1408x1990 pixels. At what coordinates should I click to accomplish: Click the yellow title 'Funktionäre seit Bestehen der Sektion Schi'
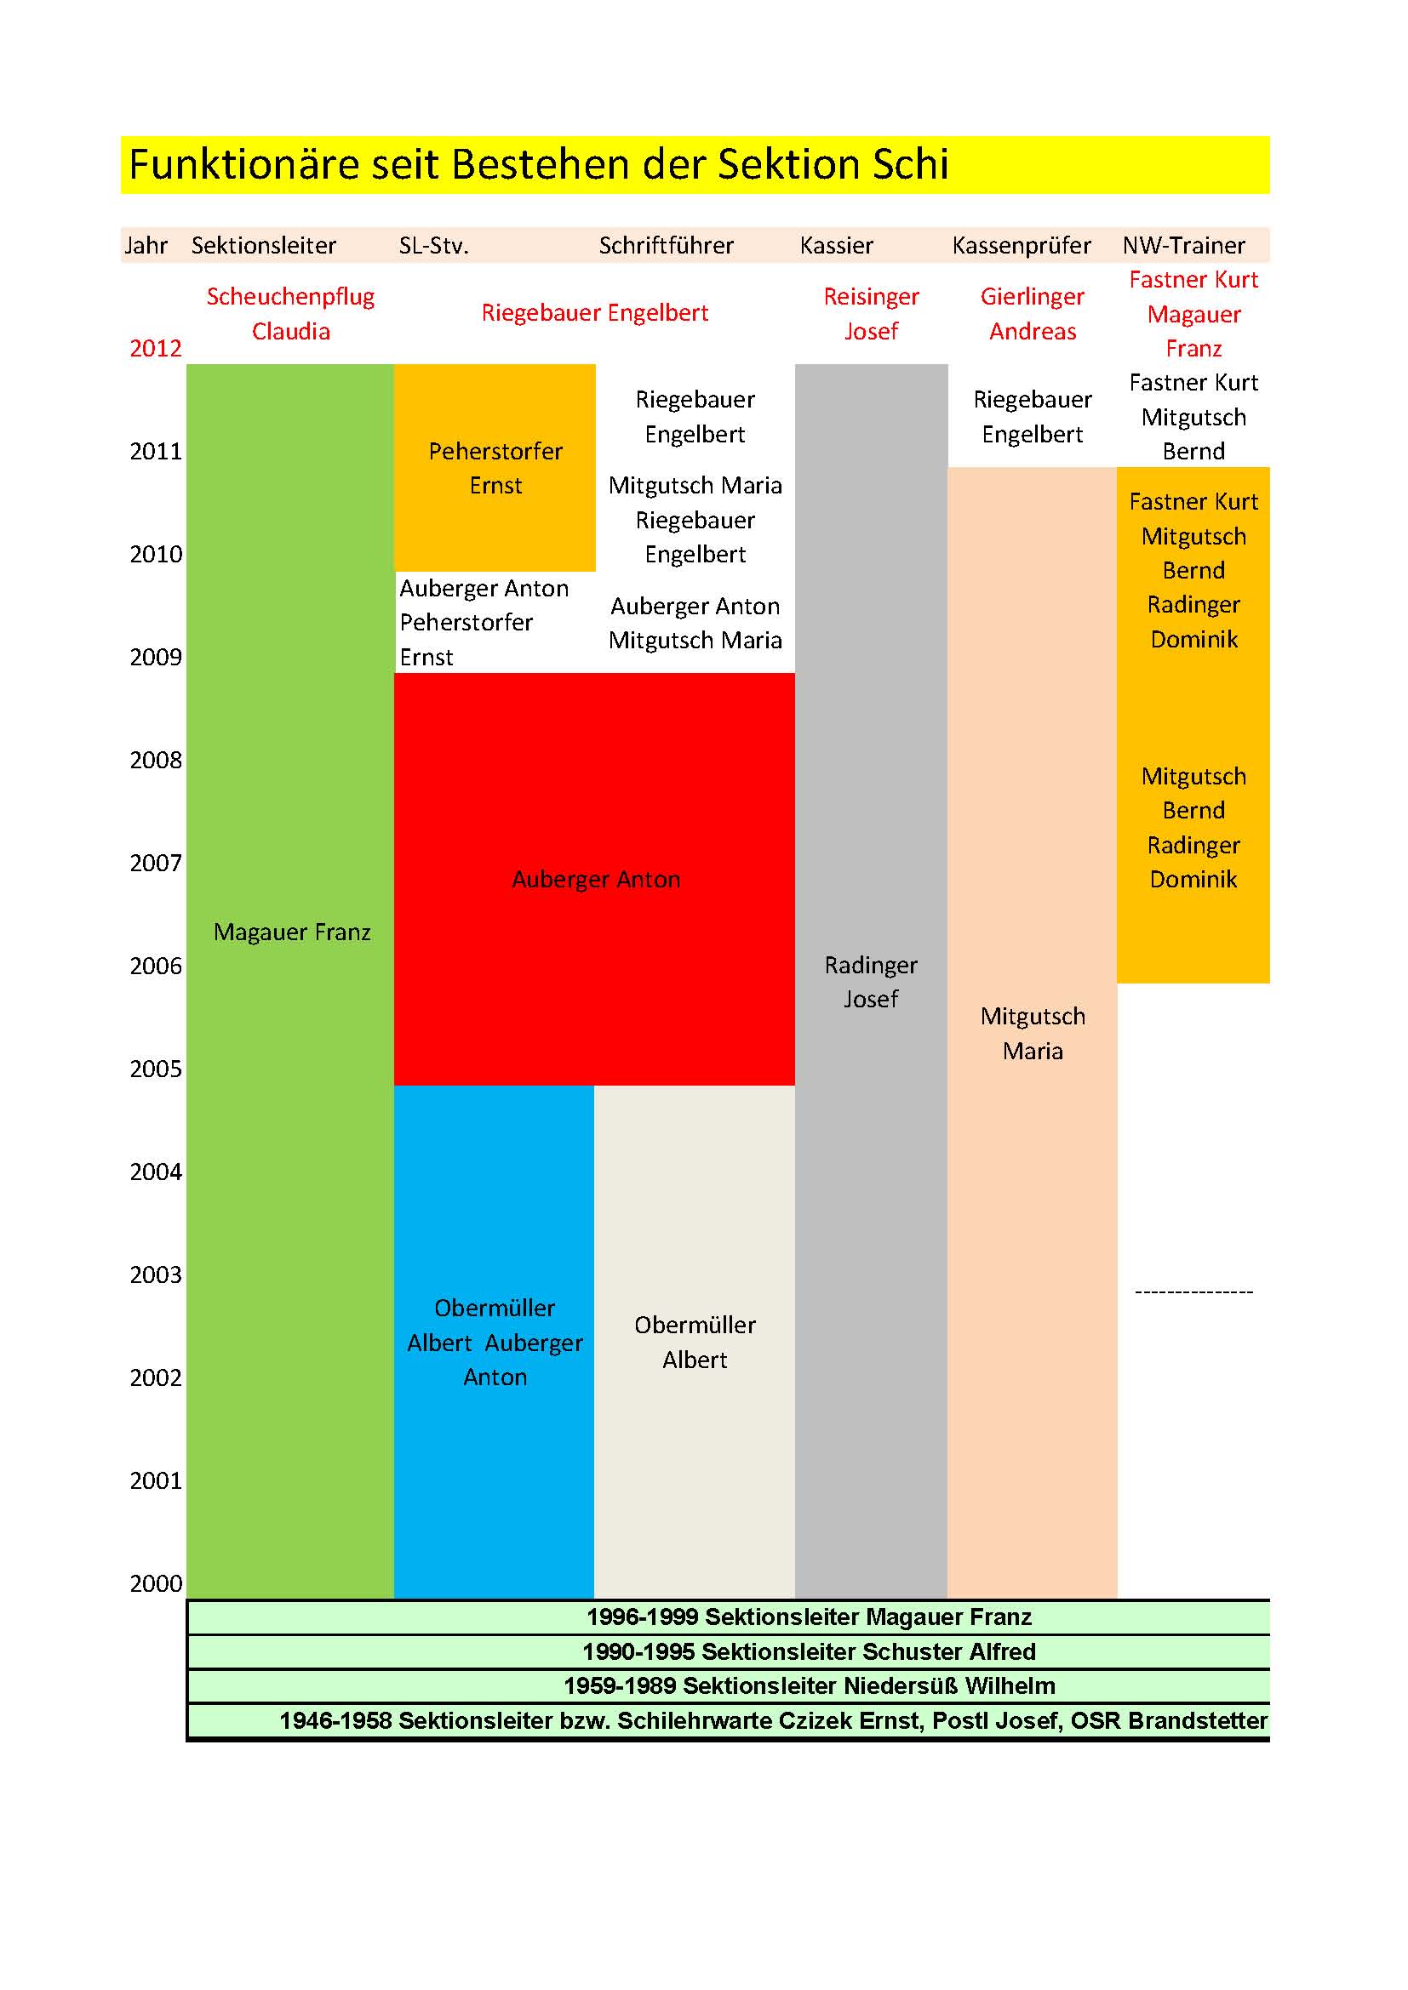coord(538,165)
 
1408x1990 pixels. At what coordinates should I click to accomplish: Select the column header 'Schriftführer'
coord(666,246)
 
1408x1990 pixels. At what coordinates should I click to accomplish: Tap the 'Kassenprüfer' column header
coord(1021,246)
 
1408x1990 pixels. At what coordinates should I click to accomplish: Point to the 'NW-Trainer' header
coord(1183,246)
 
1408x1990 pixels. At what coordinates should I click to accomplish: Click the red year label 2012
coord(155,349)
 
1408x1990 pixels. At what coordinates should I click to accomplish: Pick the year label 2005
coord(155,1069)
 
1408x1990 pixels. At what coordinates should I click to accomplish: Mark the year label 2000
coord(155,1583)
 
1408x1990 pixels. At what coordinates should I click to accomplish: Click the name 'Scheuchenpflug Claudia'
coord(290,314)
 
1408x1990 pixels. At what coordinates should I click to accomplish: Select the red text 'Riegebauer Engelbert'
coord(595,313)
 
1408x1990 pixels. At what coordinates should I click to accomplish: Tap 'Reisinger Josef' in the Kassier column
coord(871,314)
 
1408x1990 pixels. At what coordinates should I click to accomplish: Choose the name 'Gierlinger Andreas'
coord(1032,314)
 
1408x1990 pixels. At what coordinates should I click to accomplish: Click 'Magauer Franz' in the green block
coord(291,932)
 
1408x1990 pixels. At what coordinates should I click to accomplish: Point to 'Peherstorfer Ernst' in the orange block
coord(495,468)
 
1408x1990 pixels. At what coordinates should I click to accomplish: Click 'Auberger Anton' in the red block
coord(595,880)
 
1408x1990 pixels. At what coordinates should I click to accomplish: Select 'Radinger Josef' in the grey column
coord(871,982)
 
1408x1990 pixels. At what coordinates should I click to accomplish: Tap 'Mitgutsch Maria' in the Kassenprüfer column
coord(1032,1033)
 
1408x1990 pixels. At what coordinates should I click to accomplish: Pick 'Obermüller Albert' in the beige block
coord(695,1342)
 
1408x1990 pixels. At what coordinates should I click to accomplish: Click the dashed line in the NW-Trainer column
coord(1193,1292)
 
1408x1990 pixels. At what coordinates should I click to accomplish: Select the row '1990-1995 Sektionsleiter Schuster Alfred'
coord(808,1652)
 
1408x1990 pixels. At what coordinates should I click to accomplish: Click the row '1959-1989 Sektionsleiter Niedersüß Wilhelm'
coord(808,1685)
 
